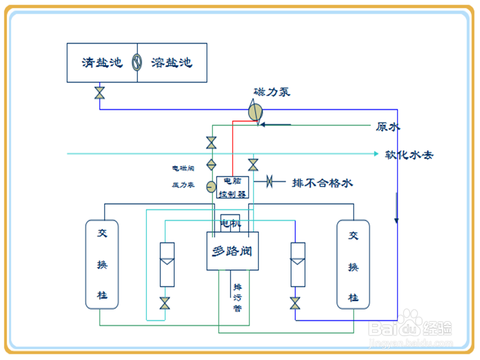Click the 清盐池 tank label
click(x=101, y=62)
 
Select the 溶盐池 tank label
click(x=172, y=62)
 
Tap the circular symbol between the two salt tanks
click(x=137, y=62)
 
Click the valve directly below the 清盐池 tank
click(x=100, y=93)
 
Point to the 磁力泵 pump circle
click(x=256, y=112)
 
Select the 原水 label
click(x=388, y=127)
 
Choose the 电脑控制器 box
click(x=232, y=187)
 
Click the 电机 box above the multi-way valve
click(x=230, y=224)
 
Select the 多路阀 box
click(x=232, y=250)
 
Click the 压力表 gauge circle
click(x=211, y=186)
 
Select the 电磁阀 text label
click(x=183, y=168)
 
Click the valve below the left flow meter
click(x=165, y=303)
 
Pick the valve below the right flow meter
click(x=295, y=303)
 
